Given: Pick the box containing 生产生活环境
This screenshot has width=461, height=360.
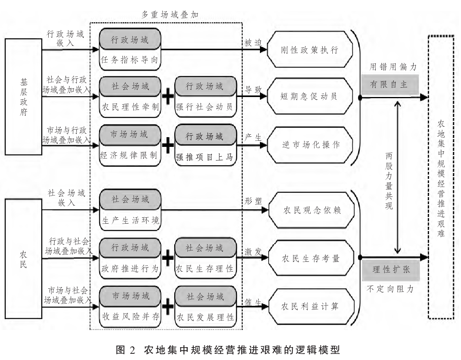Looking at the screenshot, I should [130, 220].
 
